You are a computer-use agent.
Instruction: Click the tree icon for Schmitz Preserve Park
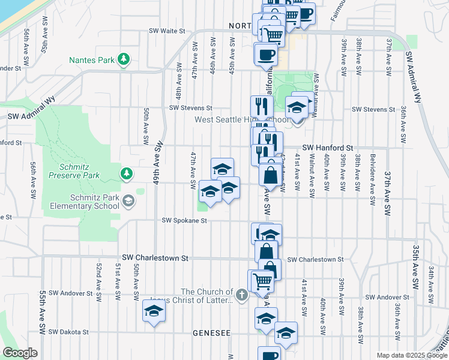click(126, 174)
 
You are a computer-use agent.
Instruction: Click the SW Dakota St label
click(68, 331)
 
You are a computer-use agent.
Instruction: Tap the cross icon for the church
click(241, 295)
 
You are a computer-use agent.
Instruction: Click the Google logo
click(20, 353)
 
